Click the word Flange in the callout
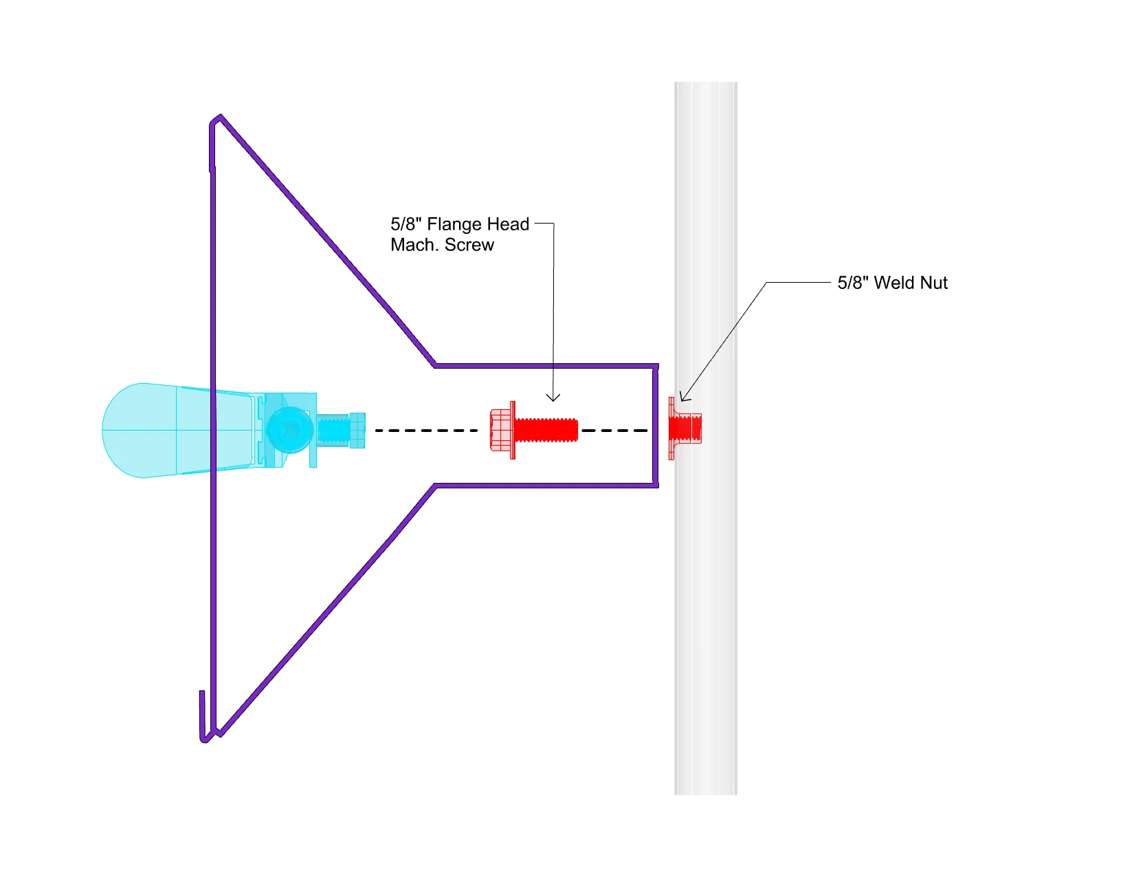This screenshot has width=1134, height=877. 454,225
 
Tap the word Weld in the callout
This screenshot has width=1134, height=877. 893,283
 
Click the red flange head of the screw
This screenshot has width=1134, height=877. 502,431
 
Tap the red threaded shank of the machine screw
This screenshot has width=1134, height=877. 546,431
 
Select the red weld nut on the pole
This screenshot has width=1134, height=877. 685,428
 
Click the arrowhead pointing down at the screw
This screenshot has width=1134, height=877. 553,398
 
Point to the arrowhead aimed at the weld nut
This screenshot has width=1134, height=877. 682,397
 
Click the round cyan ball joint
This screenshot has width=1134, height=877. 289,430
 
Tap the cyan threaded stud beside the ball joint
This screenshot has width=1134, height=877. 334,431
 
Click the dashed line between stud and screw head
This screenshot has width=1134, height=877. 426,431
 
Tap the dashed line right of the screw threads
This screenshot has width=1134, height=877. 614,431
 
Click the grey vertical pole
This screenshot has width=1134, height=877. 706,585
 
